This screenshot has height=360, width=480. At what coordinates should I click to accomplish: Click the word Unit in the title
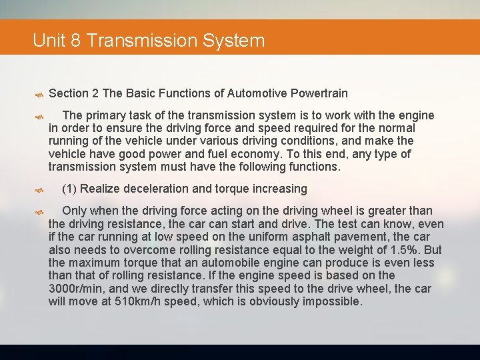[x=47, y=41]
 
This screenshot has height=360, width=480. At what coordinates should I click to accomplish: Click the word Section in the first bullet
[x=69, y=93]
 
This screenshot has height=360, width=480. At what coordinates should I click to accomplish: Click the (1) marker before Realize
[x=69, y=189]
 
